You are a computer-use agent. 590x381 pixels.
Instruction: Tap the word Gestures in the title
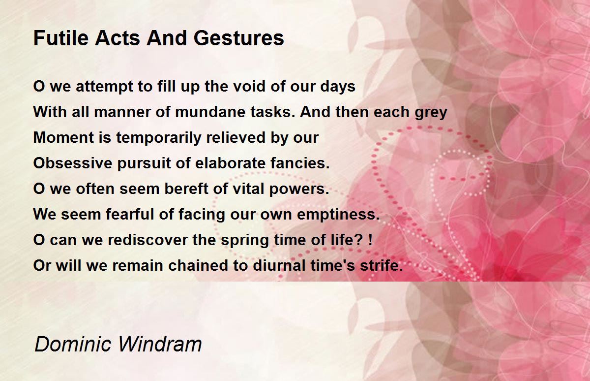click(x=239, y=38)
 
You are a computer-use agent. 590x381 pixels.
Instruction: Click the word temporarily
click(x=158, y=138)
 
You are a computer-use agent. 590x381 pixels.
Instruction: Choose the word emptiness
click(x=338, y=215)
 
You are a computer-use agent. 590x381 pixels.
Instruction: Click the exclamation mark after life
click(x=371, y=239)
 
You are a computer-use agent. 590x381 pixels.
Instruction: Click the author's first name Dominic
click(x=73, y=344)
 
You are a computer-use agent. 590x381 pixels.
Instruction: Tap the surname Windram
click(x=160, y=344)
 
